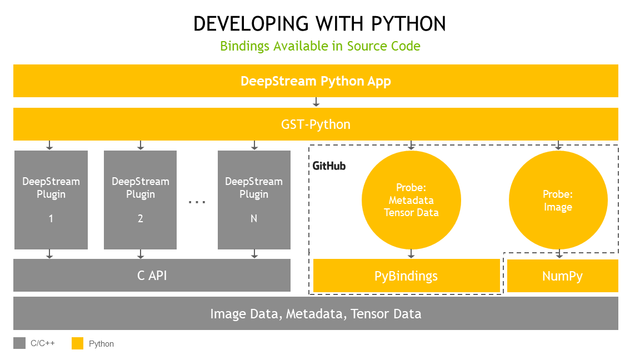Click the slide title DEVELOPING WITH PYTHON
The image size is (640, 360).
319,23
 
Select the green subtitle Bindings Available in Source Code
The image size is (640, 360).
320,46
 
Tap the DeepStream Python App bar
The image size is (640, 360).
316,81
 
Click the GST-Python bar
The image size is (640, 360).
316,124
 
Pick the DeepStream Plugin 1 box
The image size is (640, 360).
51,199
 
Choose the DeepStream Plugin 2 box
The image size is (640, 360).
140,199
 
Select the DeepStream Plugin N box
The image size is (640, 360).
254,199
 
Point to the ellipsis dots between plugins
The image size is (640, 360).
197,202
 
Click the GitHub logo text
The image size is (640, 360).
329,166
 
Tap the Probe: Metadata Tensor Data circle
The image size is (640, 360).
411,199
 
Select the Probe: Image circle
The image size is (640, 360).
558,201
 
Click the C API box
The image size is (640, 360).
152,275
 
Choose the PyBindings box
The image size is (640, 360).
407,276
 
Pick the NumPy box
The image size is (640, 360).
562,276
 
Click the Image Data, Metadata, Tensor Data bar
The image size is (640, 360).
316,313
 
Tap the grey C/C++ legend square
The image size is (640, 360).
19,343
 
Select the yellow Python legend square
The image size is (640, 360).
77,343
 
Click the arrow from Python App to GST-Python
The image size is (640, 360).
316,102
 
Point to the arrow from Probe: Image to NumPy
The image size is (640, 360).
559,253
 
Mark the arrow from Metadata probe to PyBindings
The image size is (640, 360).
411,253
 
